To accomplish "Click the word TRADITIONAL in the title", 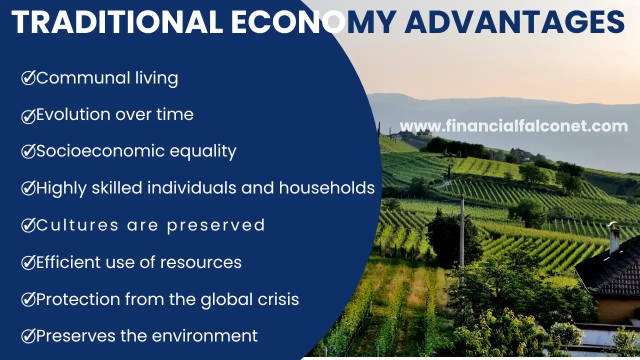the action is point(117,22).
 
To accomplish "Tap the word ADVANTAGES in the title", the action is point(514,22).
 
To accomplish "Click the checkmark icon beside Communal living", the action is point(28,77).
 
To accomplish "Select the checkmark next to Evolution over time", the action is point(28,116).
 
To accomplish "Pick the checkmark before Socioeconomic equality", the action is point(28,151).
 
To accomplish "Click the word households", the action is point(327,187).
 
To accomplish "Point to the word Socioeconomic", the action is point(100,151).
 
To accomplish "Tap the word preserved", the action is point(216,225).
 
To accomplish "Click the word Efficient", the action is point(68,262).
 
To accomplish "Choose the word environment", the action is point(204,336).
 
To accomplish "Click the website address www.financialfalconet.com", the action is point(513,126).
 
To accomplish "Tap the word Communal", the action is point(83,77).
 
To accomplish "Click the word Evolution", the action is point(73,114).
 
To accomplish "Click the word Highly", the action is point(61,188).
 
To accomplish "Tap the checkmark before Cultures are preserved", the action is point(28,225).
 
